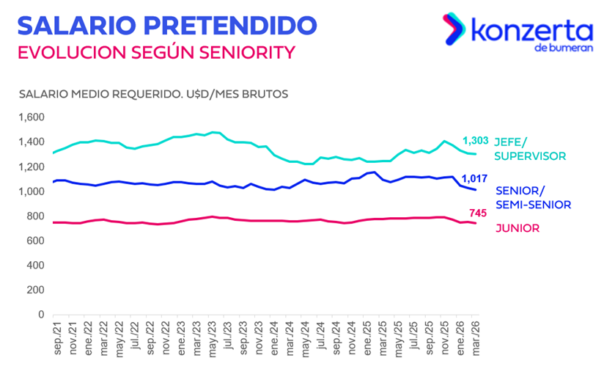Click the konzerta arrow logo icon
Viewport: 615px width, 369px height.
click(x=452, y=30)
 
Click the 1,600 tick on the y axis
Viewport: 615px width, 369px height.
click(x=32, y=117)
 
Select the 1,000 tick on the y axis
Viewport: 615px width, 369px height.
click(x=32, y=192)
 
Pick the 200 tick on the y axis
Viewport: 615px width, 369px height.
click(x=37, y=291)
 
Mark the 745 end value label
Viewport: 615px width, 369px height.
click(x=477, y=213)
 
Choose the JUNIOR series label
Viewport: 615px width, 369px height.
click(x=517, y=228)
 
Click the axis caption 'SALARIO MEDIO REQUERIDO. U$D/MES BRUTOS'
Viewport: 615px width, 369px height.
click(x=154, y=95)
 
